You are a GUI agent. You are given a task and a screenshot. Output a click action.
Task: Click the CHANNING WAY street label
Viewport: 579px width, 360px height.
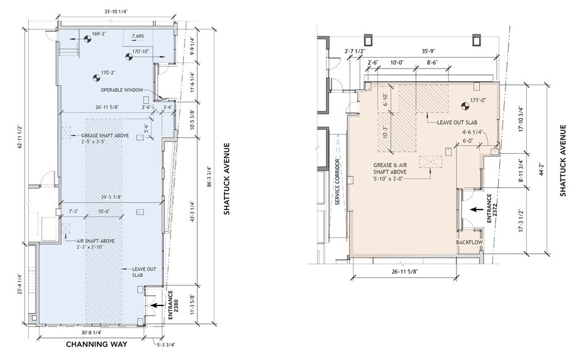click(96, 344)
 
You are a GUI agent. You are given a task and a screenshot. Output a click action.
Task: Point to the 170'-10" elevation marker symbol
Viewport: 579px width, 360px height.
click(129, 58)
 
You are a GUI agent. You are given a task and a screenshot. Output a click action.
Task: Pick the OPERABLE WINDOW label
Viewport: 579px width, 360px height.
click(123, 90)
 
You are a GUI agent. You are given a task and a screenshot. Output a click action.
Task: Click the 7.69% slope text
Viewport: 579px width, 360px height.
click(139, 37)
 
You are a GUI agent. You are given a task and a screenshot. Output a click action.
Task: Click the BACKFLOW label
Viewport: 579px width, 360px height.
click(470, 243)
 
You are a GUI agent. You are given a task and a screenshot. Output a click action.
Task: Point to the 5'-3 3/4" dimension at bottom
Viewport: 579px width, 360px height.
click(165, 344)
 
